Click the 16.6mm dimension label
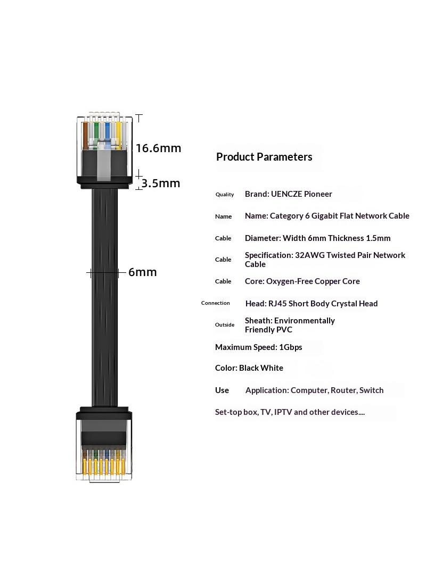158,148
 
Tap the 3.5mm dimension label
161,184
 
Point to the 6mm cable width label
143,272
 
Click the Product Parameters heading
264,157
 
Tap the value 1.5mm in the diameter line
378,238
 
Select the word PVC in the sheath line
284,330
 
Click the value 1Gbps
291,347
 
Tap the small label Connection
215,303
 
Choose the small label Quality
225,195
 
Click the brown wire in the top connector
86,136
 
